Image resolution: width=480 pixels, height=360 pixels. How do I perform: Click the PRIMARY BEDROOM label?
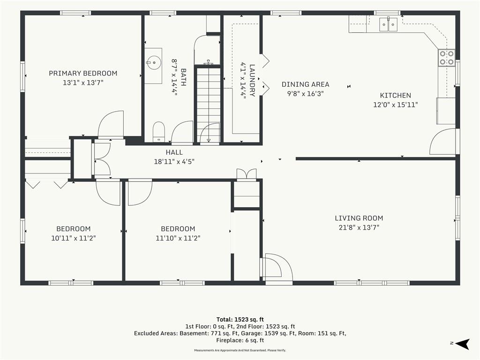83,74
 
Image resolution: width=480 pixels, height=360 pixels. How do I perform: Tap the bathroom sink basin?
153,63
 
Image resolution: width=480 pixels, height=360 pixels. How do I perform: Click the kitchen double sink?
389,24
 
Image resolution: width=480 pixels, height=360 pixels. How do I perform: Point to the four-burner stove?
447,58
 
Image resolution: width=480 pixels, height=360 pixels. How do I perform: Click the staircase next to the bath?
208,105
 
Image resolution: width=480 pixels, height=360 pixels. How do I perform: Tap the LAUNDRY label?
252,80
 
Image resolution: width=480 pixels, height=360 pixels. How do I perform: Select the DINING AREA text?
305,84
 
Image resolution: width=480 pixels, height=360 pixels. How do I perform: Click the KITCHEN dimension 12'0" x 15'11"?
396,105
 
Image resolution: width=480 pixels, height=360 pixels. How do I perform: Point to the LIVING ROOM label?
359,218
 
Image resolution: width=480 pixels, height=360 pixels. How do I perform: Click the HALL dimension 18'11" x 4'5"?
174,162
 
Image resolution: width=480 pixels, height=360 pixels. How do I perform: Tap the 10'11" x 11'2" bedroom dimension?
74,238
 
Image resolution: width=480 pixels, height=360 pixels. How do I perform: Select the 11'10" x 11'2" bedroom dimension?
178,238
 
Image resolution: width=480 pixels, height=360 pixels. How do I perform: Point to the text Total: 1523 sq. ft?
240,320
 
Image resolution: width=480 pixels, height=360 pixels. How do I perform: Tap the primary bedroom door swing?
111,125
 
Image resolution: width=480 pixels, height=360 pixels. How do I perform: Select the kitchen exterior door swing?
442,142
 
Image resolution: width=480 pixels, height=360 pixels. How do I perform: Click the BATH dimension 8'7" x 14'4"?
174,77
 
